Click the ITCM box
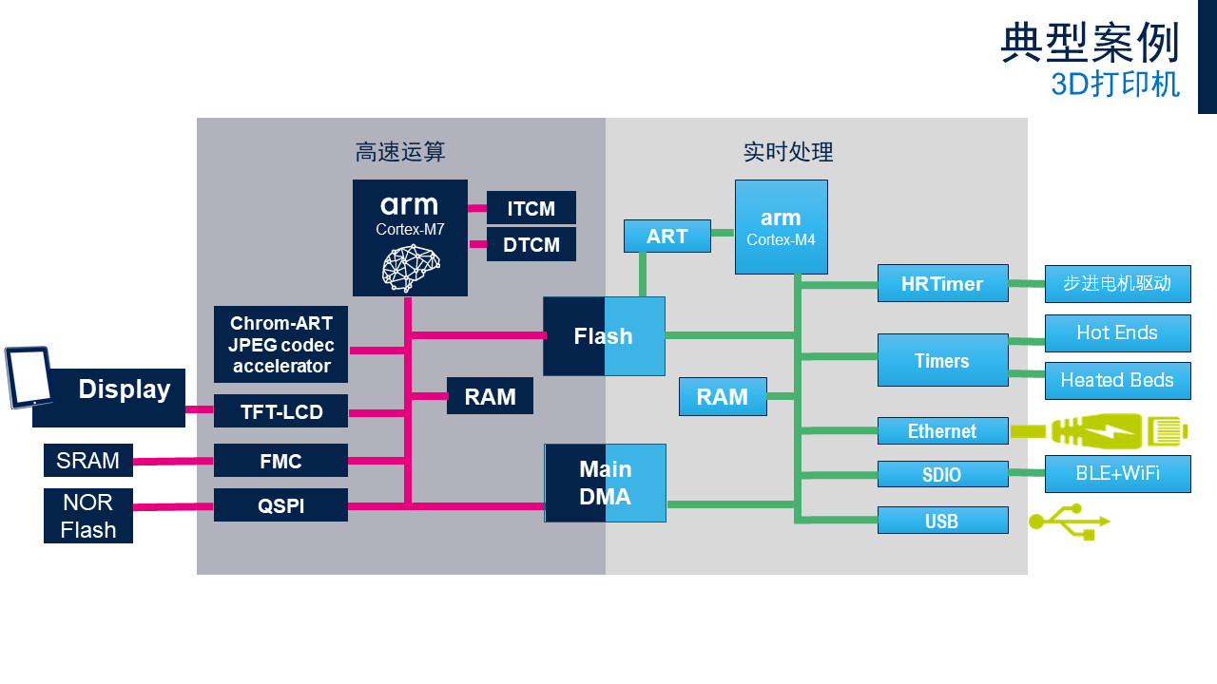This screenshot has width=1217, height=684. (x=531, y=208)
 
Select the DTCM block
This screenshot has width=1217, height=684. (x=531, y=244)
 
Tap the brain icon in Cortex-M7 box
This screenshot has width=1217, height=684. (x=411, y=267)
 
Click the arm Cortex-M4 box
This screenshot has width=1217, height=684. (x=781, y=227)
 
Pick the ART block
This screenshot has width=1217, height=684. (x=666, y=237)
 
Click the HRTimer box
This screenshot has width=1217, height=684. (x=942, y=283)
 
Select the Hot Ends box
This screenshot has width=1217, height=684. (x=1117, y=333)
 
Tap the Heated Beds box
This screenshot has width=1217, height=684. (x=1117, y=381)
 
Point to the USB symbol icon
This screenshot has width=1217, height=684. (x=1069, y=522)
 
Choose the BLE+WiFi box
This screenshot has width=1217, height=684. (x=1117, y=473)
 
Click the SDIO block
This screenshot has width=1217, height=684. (x=942, y=475)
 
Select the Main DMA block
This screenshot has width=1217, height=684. (x=605, y=483)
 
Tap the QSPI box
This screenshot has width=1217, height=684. (x=280, y=505)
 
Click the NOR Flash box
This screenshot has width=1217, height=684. (x=88, y=516)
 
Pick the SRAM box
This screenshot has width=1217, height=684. (x=88, y=461)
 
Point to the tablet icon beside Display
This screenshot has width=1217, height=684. (x=29, y=377)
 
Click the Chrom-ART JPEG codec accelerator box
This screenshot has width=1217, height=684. (x=280, y=344)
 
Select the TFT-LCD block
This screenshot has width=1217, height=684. (x=280, y=411)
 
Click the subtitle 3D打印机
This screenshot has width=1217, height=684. (x=1114, y=85)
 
